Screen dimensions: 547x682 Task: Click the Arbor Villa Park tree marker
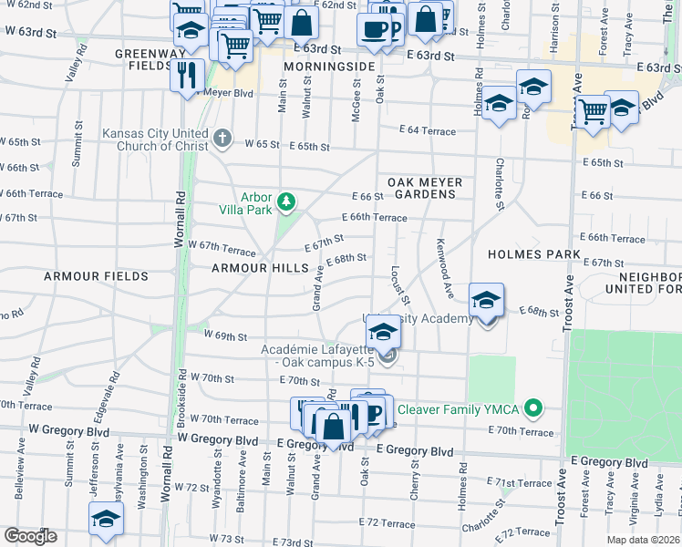287,201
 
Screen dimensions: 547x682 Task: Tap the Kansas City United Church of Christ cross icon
222,139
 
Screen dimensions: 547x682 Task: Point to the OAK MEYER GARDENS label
425,189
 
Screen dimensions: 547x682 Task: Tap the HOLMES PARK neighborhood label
534,254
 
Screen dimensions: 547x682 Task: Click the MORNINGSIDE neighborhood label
329,67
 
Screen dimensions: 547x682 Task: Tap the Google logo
30,536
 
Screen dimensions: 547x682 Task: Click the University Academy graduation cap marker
486,302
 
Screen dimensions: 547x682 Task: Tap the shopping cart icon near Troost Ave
593,111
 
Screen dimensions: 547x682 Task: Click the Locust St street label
399,284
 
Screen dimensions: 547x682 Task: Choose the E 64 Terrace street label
425,131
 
